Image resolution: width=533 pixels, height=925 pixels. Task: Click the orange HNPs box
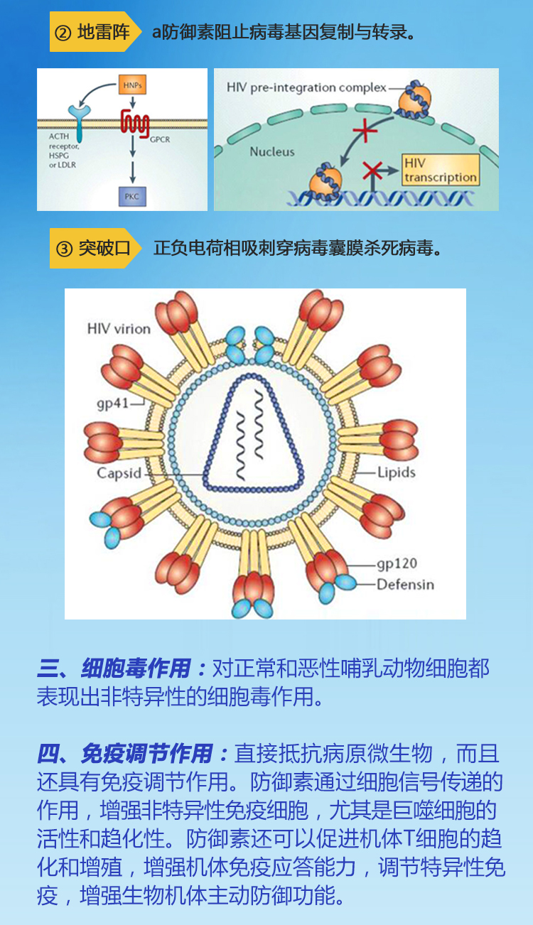132,85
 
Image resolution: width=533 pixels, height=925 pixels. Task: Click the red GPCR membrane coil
134,122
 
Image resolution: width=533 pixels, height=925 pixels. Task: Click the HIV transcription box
441,171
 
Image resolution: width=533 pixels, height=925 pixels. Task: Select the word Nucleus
271,151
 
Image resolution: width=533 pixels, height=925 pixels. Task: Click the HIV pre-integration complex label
306,87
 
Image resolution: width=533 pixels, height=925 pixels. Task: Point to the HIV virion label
119,329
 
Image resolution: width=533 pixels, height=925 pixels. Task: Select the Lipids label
396,472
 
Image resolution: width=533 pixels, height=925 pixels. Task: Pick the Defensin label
405,585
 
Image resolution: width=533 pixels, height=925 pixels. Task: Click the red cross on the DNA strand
372,171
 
